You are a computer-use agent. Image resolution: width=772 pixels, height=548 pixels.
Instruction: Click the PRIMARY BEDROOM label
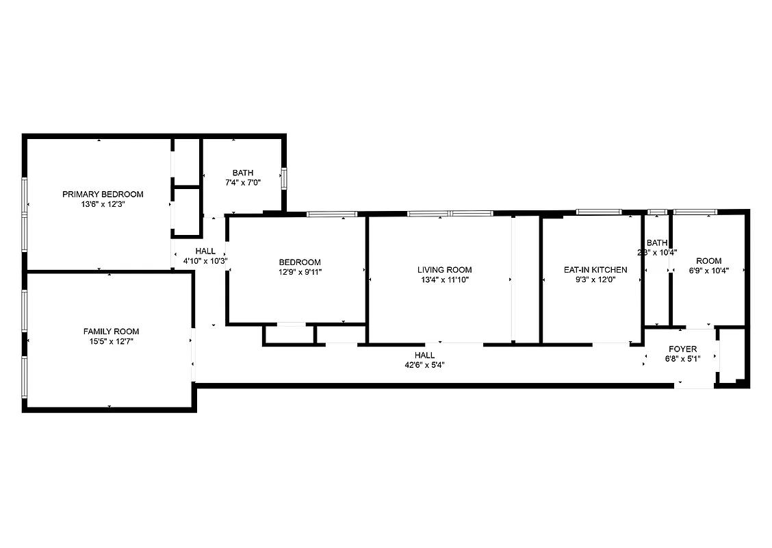(103, 194)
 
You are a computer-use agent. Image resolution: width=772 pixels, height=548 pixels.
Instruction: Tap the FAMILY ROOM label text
(111, 332)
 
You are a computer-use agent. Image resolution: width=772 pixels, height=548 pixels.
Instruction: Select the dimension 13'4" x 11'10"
(444, 279)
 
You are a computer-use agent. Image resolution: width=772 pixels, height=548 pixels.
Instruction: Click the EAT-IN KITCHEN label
(595, 270)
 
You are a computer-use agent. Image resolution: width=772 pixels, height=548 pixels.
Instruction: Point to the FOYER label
(682, 349)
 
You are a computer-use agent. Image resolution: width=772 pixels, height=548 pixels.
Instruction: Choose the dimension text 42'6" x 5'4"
(424, 365)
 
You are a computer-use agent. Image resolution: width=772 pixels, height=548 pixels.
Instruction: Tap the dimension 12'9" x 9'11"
(299, 272)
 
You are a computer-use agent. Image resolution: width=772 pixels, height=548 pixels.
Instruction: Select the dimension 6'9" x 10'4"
(708, 270)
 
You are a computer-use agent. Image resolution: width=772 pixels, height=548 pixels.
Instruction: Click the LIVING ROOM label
(444, 270)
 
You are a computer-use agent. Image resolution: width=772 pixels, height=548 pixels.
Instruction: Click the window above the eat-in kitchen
(598, 212)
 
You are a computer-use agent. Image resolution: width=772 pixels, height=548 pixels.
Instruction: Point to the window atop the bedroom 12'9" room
(331, 214)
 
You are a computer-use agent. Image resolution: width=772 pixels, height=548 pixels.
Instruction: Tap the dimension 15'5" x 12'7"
(111, 341)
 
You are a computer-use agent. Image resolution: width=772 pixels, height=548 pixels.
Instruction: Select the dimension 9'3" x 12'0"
(595, 279)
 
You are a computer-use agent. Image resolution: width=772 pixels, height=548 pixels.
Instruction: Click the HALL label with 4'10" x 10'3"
(205, 251)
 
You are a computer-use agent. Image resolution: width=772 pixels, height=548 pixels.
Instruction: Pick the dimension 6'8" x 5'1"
(682, 358)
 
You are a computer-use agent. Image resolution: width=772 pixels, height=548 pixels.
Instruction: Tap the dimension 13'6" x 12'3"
(103, 203)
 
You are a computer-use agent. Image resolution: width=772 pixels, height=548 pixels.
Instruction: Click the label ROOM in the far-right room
(708, 261)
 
